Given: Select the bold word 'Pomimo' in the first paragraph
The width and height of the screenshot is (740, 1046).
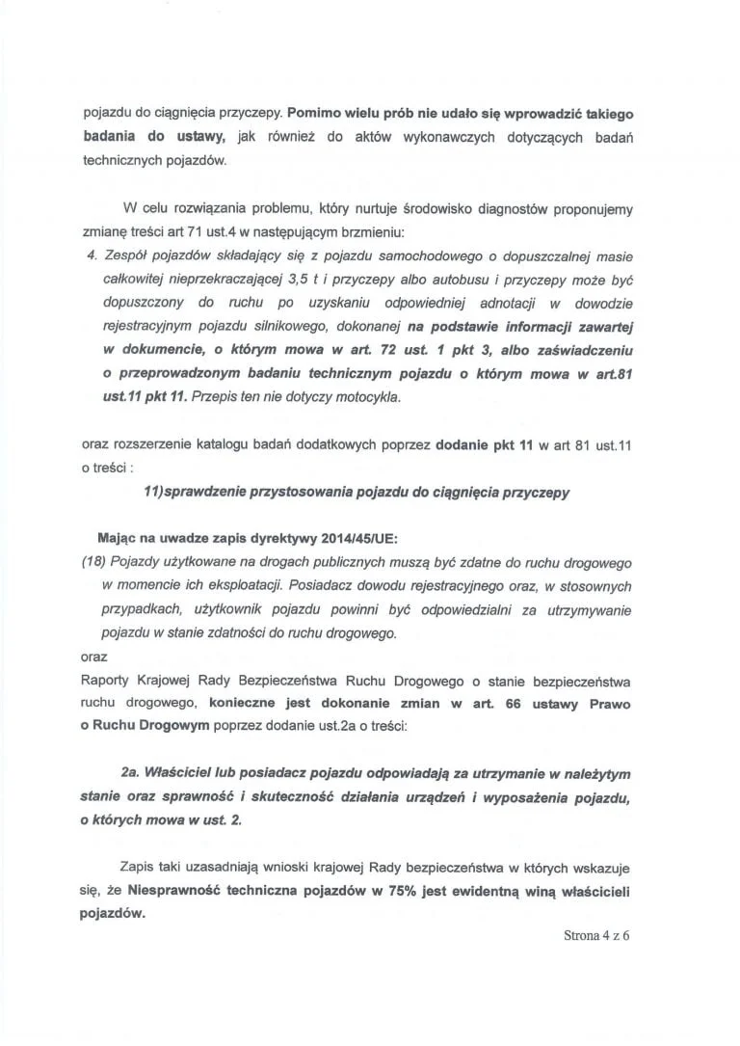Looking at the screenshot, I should coord(314,113).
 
